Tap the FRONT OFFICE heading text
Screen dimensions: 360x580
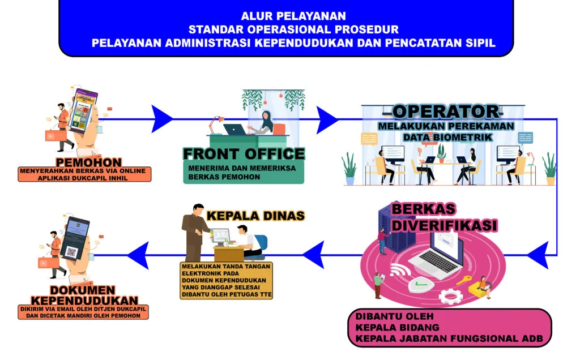(x=244, y=154)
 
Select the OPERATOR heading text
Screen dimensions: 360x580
(x=446, y=111)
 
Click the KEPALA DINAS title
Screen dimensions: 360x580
(x=255, y=216)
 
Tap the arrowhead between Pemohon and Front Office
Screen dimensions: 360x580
(x=163, y=119)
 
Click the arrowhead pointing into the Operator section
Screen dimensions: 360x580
(x=327, y=119)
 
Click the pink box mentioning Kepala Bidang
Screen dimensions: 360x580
(x=449, y=328)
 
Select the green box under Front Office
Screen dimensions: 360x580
(x=244, y=172)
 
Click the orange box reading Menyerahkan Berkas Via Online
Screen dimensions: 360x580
(x=84, y=174)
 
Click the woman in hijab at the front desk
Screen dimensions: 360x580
(x=266, y=121)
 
